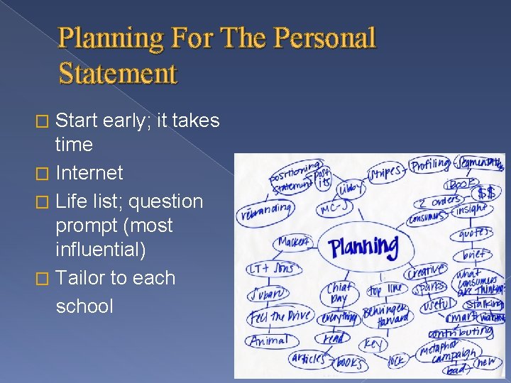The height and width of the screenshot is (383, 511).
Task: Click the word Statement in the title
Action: (x=118, y=73)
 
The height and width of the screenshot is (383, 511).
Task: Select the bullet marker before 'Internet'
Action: (x=48, y=173)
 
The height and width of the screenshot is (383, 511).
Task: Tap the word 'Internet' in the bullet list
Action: (x=89, y=173)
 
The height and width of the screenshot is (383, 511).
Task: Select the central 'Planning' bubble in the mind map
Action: (x=363, y=247)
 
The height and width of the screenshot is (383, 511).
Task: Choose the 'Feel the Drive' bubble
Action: (x=280, y=316)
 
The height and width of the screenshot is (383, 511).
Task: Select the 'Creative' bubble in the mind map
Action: (x=426, y=270)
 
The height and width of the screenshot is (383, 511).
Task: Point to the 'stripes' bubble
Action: (x=386, y=172)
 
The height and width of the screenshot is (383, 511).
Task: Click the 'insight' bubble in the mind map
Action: (x=471, y=208)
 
